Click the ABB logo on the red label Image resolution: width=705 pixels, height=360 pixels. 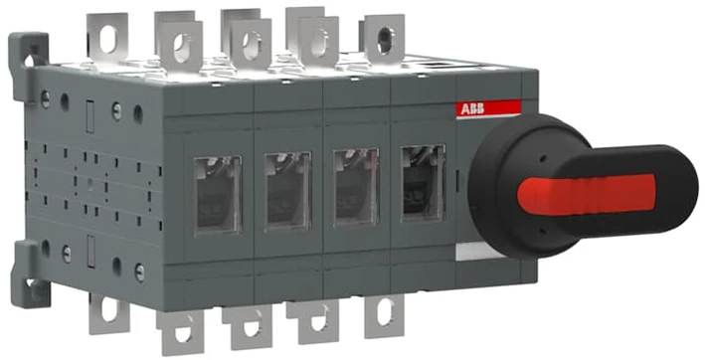(471, 109)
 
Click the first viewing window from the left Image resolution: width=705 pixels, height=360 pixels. (218, 195)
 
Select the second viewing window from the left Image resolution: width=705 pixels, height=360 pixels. (287, 191)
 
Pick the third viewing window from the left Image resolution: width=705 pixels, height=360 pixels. (357, 187)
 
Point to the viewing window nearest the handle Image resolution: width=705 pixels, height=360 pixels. (424, 182)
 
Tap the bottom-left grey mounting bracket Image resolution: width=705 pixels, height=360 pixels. (30, 274)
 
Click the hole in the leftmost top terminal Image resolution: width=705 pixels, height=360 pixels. (108, 40)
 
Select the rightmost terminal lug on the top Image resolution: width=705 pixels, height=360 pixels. (385, 39)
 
